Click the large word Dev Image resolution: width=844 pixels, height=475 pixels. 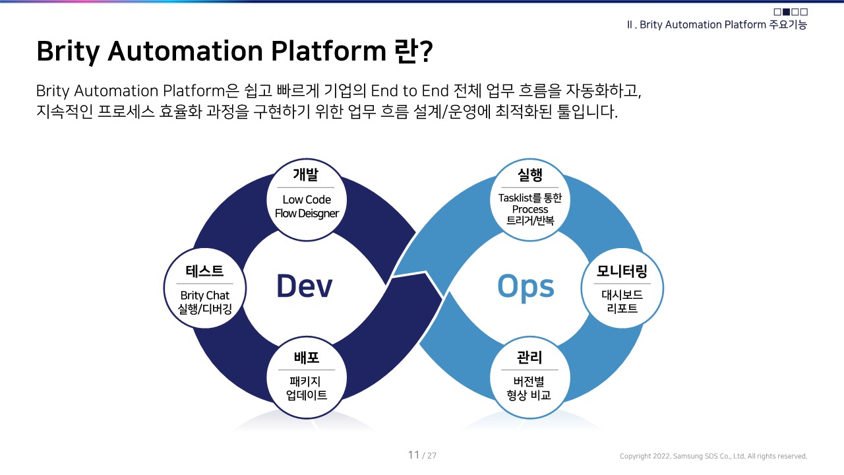[304, 286]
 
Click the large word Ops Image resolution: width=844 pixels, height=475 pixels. [526, 286]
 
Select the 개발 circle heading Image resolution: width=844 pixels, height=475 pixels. [305, 175]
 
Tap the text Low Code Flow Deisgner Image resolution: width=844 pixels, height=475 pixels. [307, 206]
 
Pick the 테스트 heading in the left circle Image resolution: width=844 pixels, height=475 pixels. [204, 270]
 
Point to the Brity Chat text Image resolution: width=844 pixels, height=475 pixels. [204, 296]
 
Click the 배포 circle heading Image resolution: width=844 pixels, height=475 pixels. [306, 358]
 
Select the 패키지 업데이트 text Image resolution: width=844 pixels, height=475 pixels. [307, 389]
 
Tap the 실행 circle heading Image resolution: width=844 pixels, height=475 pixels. [530, 175]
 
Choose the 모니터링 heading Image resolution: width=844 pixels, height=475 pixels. [622, 270]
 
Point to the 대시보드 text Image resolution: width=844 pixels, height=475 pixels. [622, 295]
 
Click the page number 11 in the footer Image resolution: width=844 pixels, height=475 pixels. [414, 455]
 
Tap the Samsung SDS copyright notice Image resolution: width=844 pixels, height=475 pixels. [713, 456]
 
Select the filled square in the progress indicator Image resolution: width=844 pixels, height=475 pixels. [786, 12]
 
